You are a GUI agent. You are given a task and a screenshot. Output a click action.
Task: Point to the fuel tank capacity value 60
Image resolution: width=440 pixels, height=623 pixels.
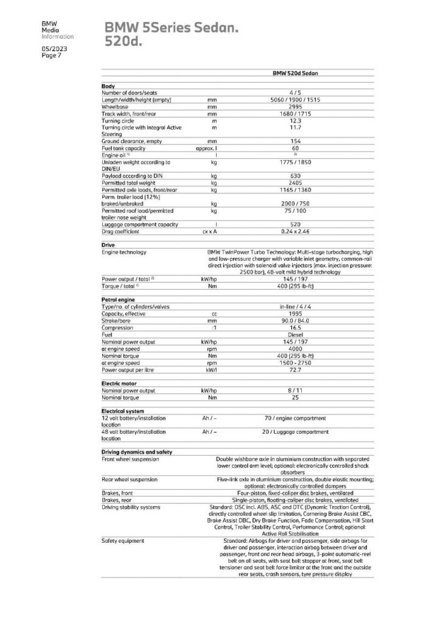click(295, 148)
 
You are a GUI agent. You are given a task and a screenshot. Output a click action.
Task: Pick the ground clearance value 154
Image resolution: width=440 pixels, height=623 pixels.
click(295, 141)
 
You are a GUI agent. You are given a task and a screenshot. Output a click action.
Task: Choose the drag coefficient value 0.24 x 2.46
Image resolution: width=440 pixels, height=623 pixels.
click(295, 232)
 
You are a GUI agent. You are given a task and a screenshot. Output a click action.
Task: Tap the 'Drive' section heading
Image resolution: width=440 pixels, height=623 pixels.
click(107, 245)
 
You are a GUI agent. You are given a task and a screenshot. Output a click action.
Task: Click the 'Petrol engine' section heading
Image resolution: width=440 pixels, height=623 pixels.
click(117, 300)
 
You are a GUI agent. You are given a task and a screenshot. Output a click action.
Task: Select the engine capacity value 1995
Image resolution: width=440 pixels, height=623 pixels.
click(295, 314)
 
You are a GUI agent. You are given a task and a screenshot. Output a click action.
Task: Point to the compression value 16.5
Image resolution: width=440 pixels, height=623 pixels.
click(295, 327)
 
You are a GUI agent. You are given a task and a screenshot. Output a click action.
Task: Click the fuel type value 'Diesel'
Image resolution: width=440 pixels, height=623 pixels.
click(295, 334)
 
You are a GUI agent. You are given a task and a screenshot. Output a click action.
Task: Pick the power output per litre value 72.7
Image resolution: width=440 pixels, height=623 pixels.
click(295, 369)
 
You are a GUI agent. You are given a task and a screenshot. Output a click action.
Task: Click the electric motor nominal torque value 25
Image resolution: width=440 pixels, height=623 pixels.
click(295, 397)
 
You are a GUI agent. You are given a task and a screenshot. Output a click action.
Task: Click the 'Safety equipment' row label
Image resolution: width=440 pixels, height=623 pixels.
click(123, 540)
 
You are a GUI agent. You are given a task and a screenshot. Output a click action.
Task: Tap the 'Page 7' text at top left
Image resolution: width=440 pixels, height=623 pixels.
click(50, 55)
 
